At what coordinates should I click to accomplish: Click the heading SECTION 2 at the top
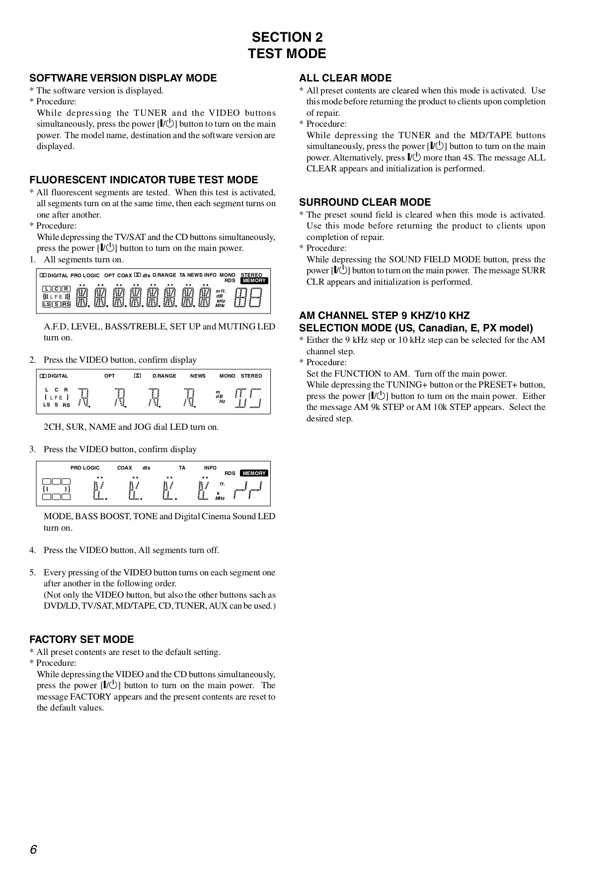[287, 37]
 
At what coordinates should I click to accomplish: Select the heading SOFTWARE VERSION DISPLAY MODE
[123, 78]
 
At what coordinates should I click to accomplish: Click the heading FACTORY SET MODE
[81, 639]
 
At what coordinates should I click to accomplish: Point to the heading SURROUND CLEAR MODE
[365, 202]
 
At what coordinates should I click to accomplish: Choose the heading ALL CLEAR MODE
[345, 78]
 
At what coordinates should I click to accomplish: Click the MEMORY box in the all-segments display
[254, 281]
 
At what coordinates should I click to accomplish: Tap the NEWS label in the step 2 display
[198, 376]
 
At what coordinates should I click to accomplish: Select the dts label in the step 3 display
[146, 468]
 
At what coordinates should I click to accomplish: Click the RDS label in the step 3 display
[230, 474]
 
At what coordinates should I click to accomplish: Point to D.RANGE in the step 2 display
[164, 376]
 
